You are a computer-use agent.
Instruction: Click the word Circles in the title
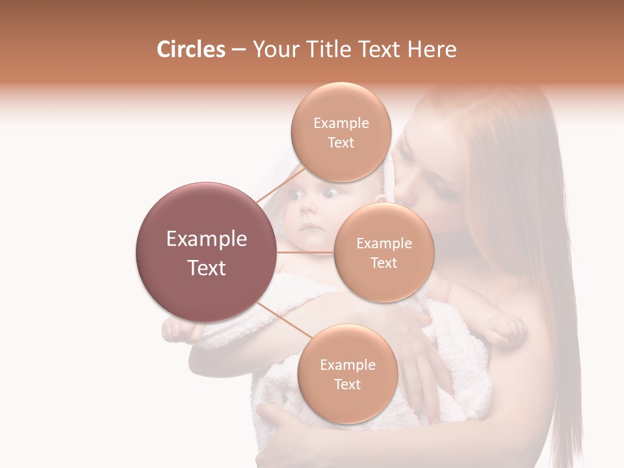[x=191, y=49]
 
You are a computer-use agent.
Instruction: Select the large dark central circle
[x=206, y=252]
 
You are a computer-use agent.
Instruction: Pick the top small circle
[x=341, y=132]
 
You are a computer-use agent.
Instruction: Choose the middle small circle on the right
[x=383, y=252]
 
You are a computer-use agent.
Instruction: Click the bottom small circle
[x=347, y=374]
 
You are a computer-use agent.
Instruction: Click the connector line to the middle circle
[x=305, y=252]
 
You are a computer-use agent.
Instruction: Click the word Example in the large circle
[x=206, y=239]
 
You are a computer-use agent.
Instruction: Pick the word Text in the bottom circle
[x=347, y=384]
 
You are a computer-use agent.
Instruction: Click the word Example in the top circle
[x=341, y=123]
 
